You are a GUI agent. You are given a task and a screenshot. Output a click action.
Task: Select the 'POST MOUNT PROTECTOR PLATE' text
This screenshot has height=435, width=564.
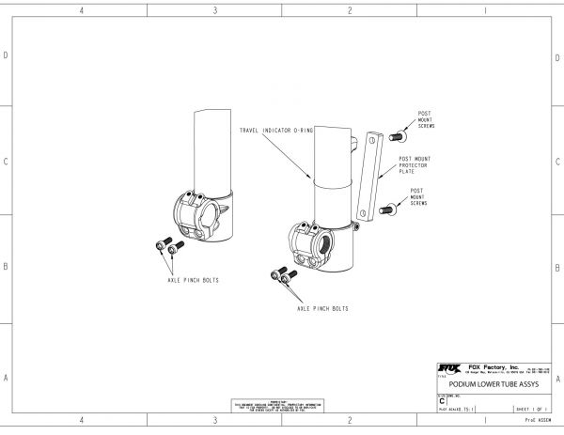tap(415, 165)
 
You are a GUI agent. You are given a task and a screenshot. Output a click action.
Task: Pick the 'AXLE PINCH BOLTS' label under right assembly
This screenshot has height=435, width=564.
tap(323, 308)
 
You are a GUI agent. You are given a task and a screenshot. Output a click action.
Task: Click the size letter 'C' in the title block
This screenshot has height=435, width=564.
tap(442, 401)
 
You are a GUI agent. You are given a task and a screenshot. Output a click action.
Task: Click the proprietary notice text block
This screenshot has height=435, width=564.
tap(281, 405)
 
